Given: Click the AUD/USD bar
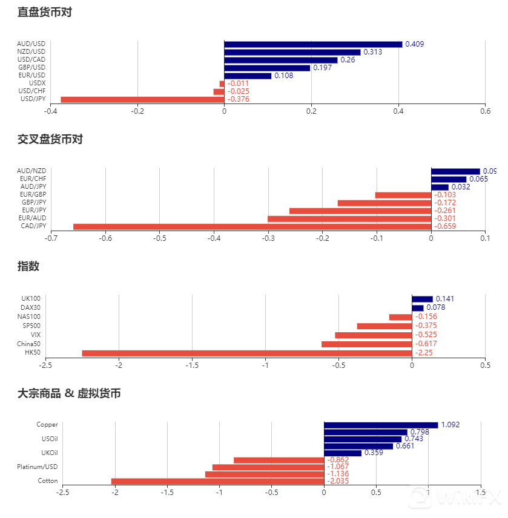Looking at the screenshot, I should click(x=313, y=44).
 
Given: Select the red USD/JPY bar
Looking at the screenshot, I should click(x=142, y=99).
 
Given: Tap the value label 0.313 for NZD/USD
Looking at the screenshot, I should click(x=372, y=52).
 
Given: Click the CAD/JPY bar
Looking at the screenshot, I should click(x=252, y=226).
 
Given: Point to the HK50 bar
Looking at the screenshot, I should click(x=246, y=353).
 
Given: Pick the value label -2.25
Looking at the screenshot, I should click(x=424, y=353).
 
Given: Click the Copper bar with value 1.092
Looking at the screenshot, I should click(x=381, y=425).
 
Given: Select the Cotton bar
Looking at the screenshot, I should click(x=217, y=481).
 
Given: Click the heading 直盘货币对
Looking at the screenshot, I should click(x=45, y=12).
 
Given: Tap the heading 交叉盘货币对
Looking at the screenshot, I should click(x=50, y=139).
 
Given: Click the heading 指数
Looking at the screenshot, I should click(x=28, y=266).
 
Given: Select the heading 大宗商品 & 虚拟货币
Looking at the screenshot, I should click(x=69, y=393).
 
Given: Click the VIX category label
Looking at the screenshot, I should click(x=36, y=335).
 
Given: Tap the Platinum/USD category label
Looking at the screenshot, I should click(x=38, y=467).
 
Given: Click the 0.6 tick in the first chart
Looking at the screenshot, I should click(x=485, y=111).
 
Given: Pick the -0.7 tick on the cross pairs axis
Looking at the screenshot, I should click(x=51, y=238).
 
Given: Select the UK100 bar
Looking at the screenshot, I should click(x=422, y=299).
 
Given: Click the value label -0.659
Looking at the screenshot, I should click(x=445, y=226).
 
